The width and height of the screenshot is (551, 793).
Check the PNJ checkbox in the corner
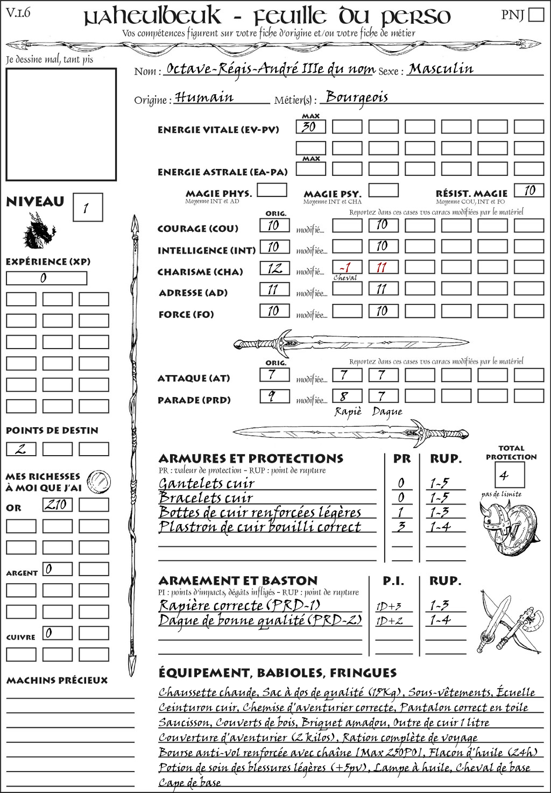point(536,15)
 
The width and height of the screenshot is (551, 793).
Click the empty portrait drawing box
point(61,124)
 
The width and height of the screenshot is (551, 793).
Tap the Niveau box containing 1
point(87,207)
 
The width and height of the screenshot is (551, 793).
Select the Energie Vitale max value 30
point(310,127)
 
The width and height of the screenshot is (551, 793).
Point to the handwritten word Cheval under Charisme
point(345,278)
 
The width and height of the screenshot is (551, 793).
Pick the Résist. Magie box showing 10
point(528,190)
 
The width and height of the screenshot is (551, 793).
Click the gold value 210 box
point(57,505)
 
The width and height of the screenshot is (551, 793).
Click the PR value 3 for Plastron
point(401,527)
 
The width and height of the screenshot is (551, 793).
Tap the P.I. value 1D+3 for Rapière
point(389,606)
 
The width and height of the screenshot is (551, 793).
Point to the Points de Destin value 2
point(20,449)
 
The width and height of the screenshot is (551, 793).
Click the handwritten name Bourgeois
point(357,97)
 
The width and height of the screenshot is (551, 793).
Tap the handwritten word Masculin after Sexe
point(441,69)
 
